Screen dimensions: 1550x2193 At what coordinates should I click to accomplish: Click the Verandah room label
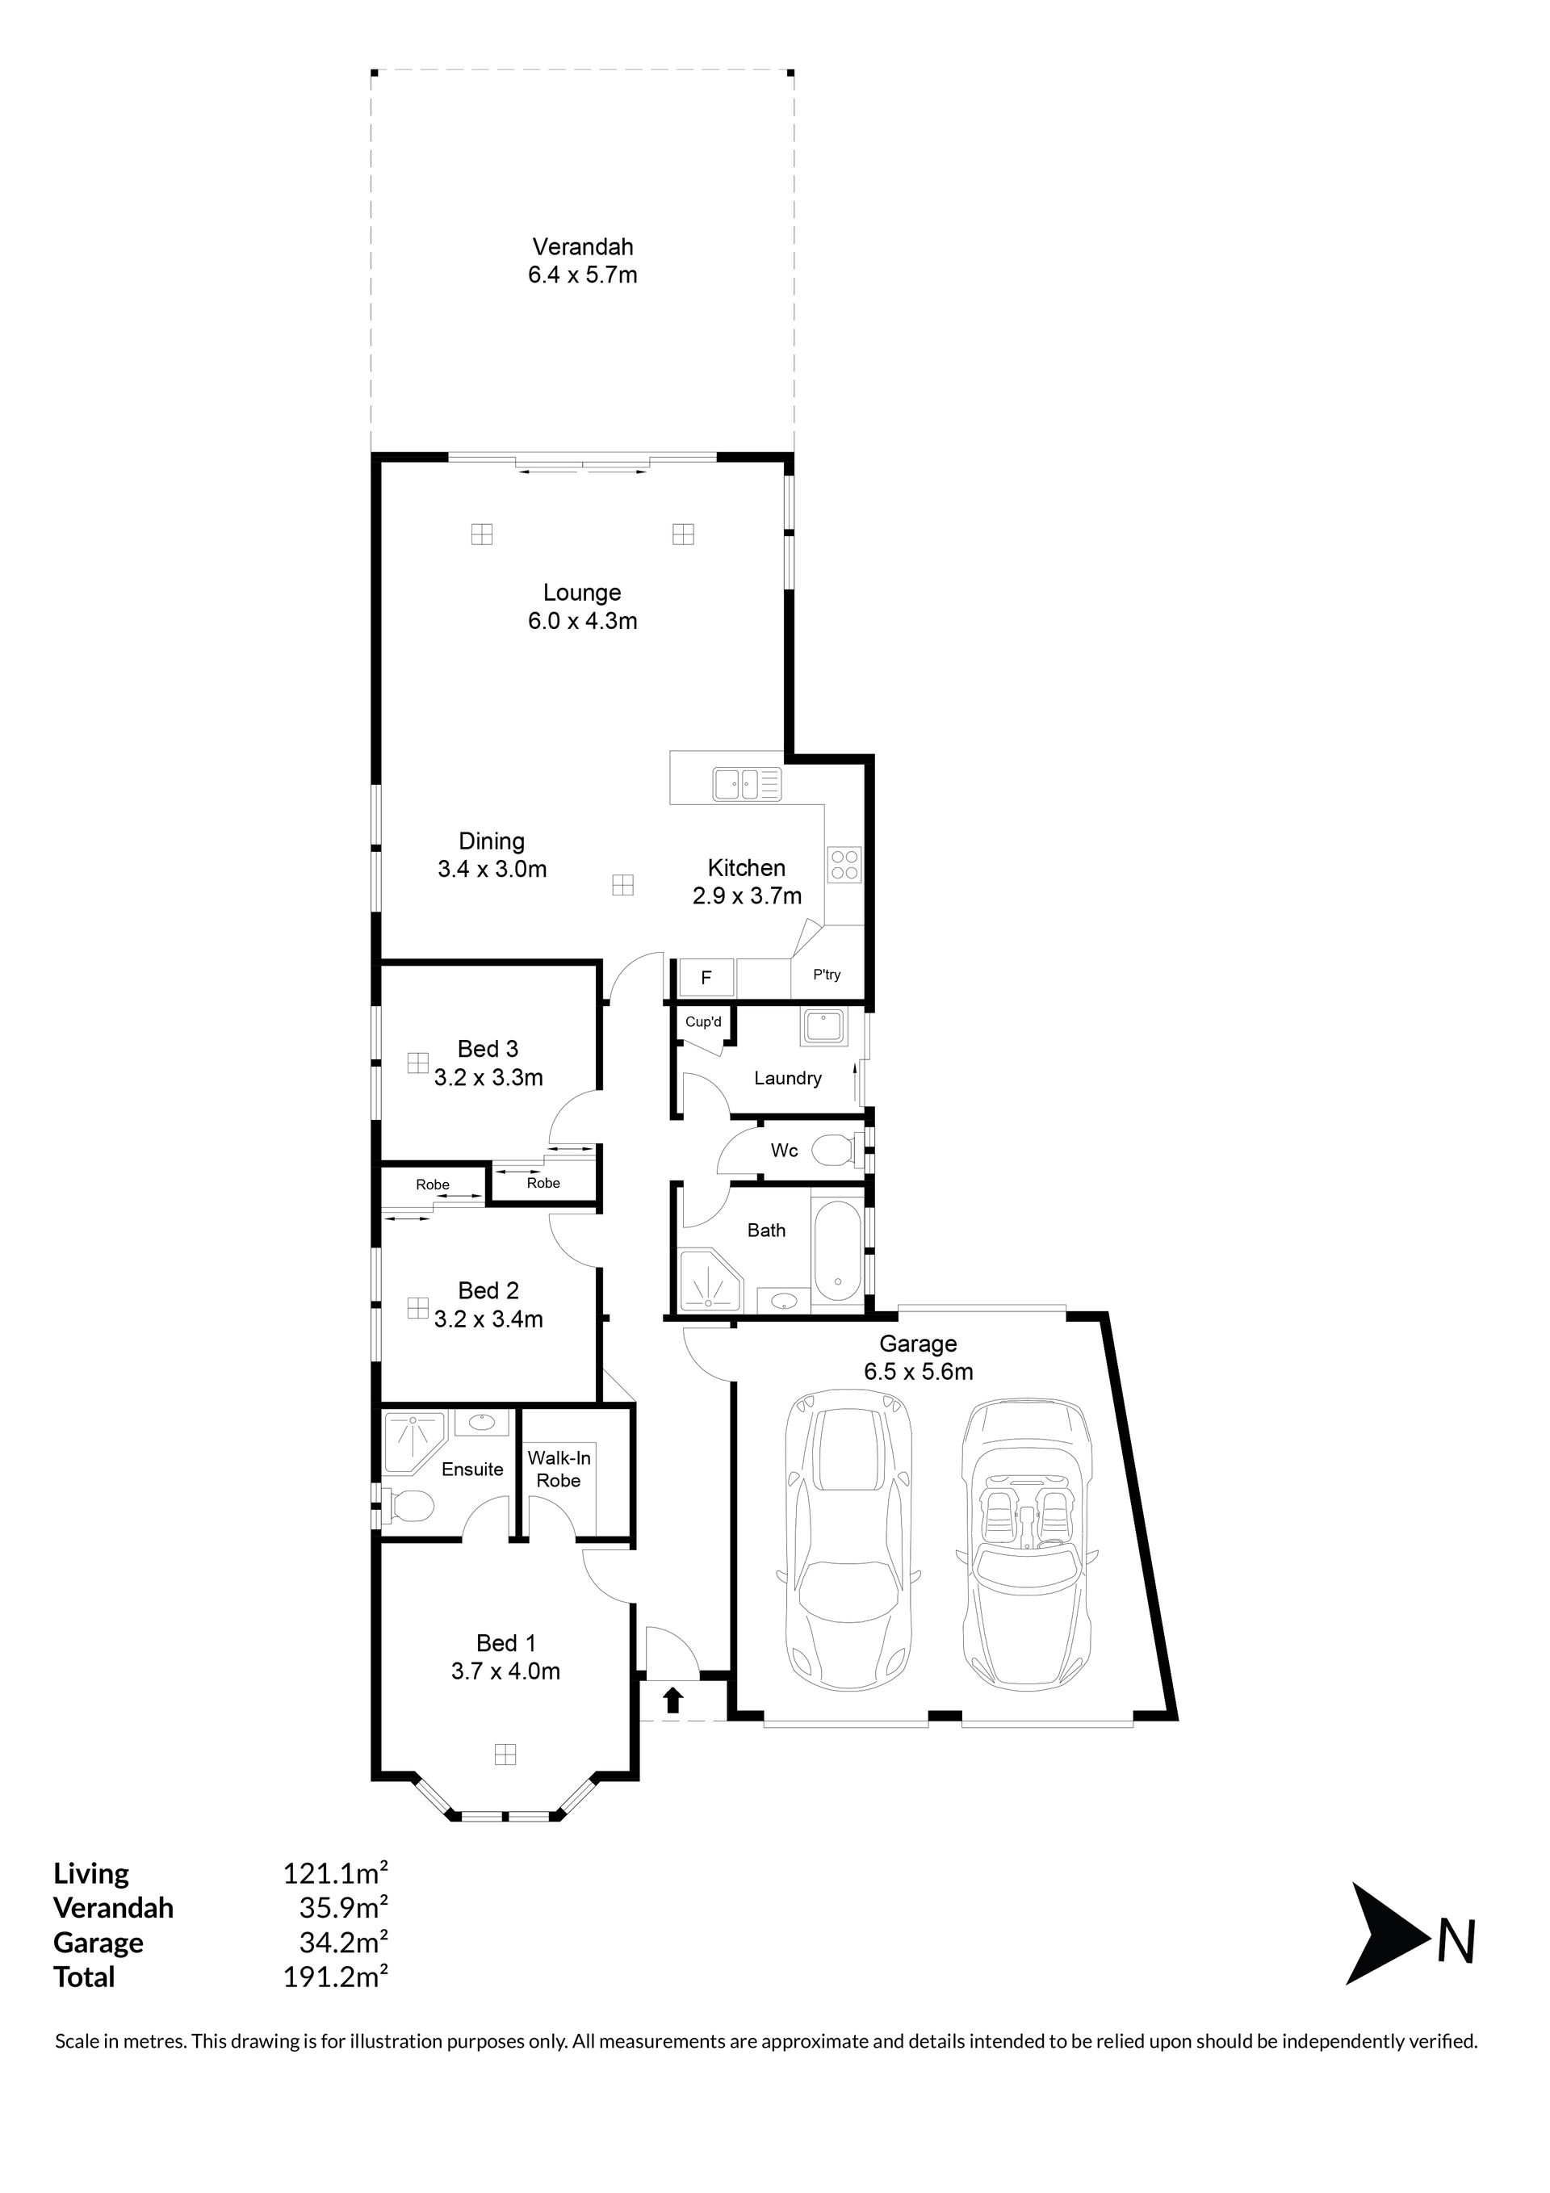pyautogui.click(x=583, y=246)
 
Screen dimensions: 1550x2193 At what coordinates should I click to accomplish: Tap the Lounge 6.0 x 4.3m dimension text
pyautogui.click(x=583, y=621)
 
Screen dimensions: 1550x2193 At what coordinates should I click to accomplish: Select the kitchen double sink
pyautogui.click(x=747, y=784)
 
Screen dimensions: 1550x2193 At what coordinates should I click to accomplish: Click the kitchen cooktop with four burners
pyautogui.click(x=845, y=865)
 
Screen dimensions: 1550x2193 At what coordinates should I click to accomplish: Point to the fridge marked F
pyautogui.click(x=706, y=978)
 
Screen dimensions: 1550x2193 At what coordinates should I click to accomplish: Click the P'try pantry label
pyautogui.click(x=827, y=975)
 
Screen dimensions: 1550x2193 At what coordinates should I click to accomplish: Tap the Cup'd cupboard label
pyautogui.click(x=704, y=1022)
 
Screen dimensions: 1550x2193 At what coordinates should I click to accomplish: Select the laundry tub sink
pyautogui.click(x=823, y=1028)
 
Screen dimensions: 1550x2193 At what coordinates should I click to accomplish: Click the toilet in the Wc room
pyautogui.click(x=840, y=1150)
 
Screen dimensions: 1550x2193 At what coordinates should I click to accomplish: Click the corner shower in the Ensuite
pyautogui.click(x=414, y=1445)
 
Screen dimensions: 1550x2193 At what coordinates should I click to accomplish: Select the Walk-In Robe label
pyautogui.click(x=559, y=1469)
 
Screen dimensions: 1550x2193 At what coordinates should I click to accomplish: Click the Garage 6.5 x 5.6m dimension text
pyautogui.click(x=919, y=1373)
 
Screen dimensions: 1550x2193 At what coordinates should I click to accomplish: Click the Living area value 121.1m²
pyautogui.click(x=335, y=1874)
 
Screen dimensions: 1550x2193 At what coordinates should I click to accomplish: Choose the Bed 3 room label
pyautogui.click(x=488, y=1049)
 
